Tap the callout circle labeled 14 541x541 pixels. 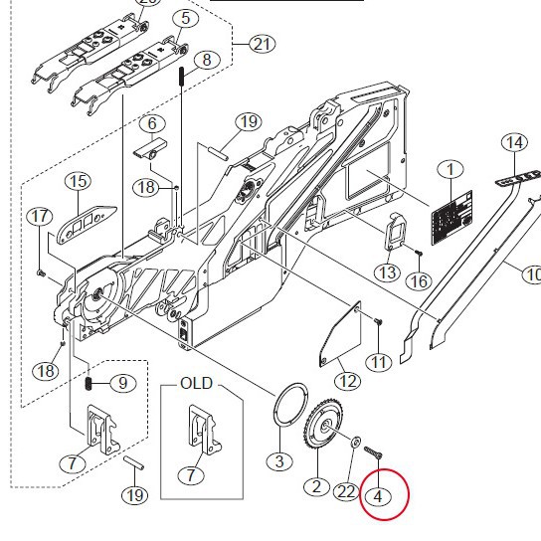pyautogui.click(x=514, y=143)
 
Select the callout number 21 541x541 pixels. pyautogui.click(x=262, y=44)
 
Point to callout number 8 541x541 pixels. pyautogui.click(x=206, y=60)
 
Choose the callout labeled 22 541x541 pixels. pyautogui.click(x=345, y=491)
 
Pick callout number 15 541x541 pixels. pyautogui.click(x=78, y=182)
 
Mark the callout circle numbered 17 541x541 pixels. pyautogui.click(x=40, y=217)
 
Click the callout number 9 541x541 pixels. pyautogui.click(x=122, y=383)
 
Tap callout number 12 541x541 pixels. pyautogui.click(x=347, y=379)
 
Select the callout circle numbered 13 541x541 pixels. pyautogui.click(x=387, y=272)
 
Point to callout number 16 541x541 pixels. pyautogui.click(x=419, y=281)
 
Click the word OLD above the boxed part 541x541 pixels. pyautogui.click(x=196, y=383)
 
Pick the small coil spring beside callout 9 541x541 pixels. pyautogui.click(x=89, y=383)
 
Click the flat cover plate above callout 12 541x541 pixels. pyautogui.click(x=342, y=333)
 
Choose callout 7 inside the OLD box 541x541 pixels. pyautogui.click(x=189, y=475)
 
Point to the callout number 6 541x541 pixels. pyautogui.click(x=151, y=124)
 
